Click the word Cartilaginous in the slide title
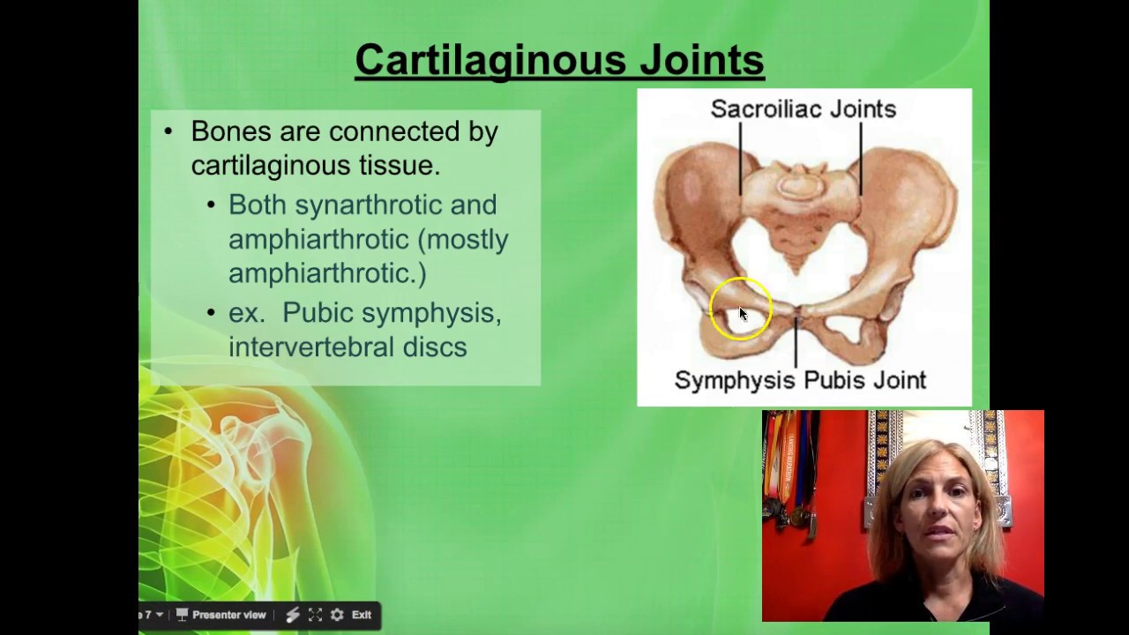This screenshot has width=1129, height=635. pyautogui.click(x=489, y=60)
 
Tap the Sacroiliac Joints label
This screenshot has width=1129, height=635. pyautogui.click(x=803, y=109)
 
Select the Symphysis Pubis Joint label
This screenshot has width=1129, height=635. pyautogui.click(x=800, y=380)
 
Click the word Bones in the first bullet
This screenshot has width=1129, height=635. pyautogui.click(x=230, y=131)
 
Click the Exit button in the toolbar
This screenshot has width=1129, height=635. pyautogui.click(x=362, y=615)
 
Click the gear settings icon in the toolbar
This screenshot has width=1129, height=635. pyautogui.click(x=337, y=615)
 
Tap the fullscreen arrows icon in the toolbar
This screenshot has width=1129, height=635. pyautogui.click(x=315, y=615)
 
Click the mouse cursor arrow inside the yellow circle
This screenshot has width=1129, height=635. pyautogui.click(x=743, y=313)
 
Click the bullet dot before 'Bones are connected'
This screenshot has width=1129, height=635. pyautogui.click(x=168, y=131)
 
